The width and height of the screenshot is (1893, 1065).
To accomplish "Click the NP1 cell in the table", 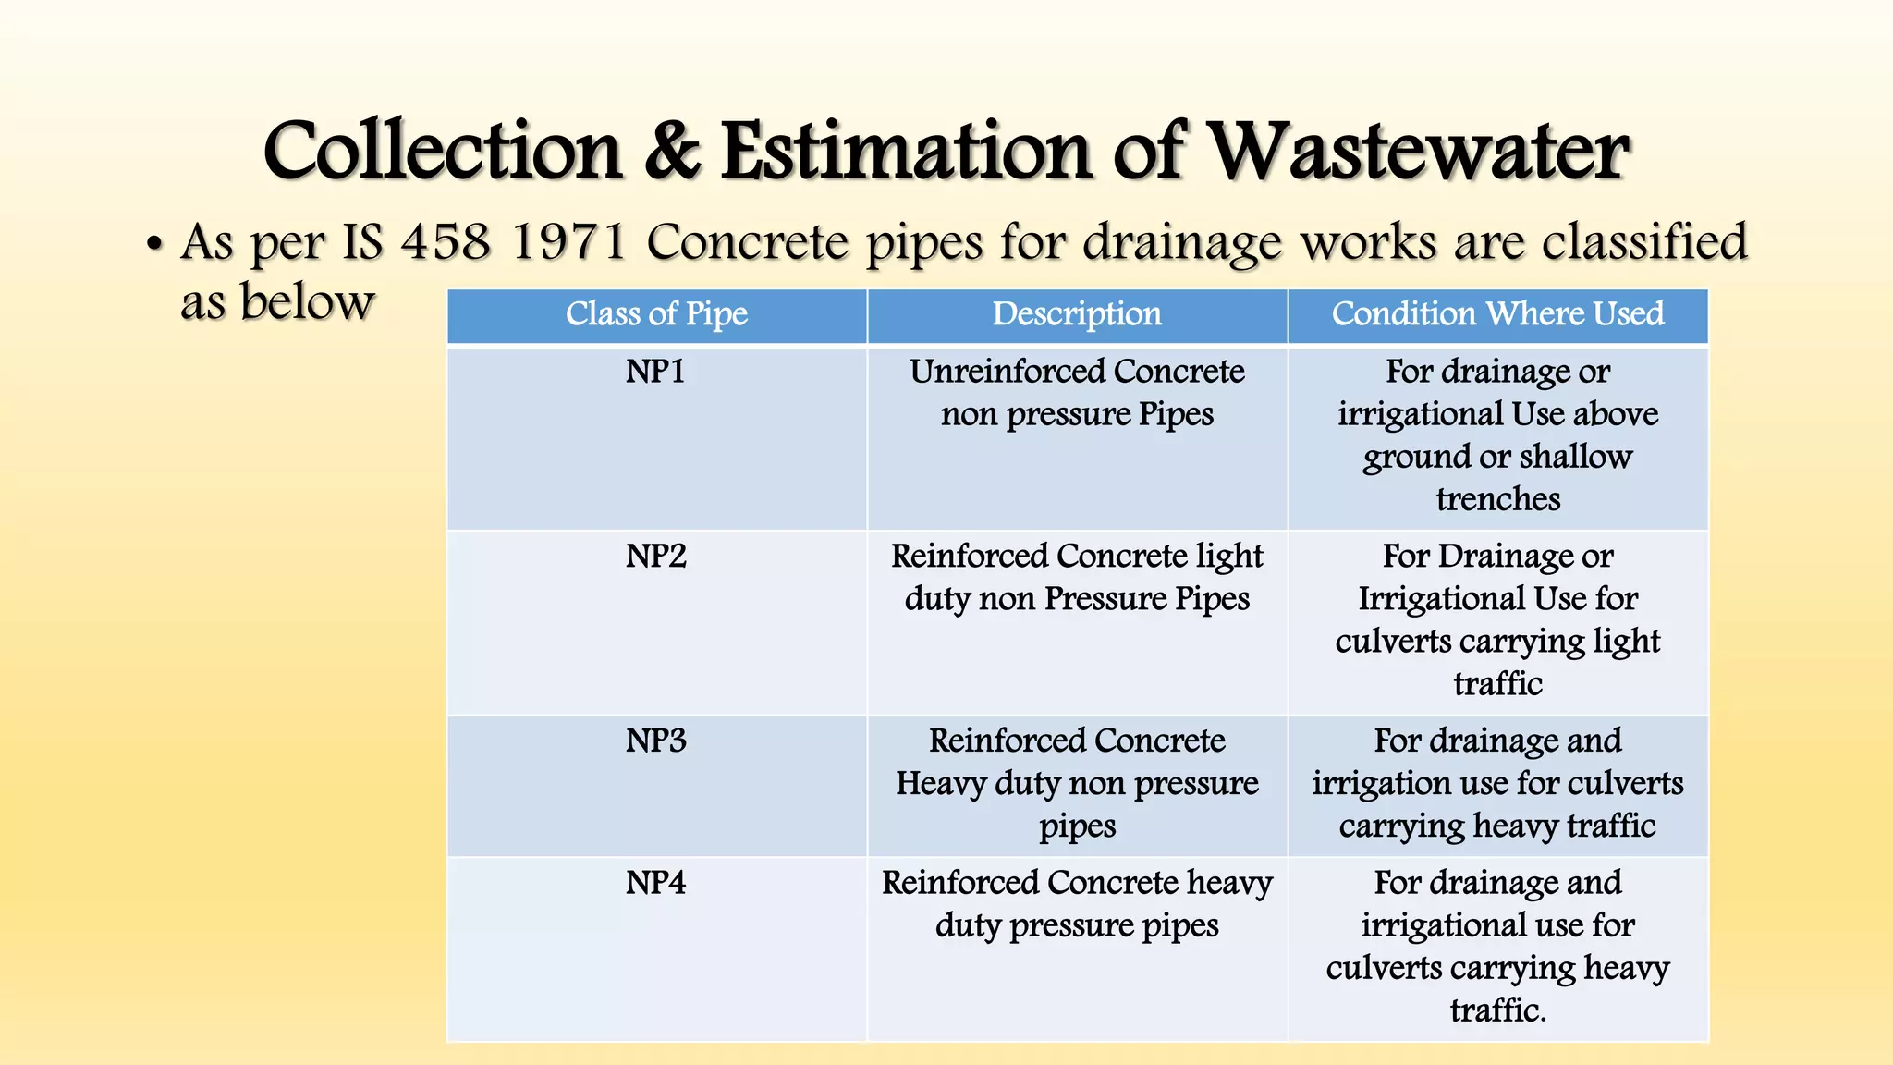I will [x=655, y=372].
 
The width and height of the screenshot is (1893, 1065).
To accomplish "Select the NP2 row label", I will [x=655, y=557].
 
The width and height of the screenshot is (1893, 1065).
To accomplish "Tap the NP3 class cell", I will [x=655, y=741].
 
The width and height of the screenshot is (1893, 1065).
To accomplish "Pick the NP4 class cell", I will [x=655, y=883].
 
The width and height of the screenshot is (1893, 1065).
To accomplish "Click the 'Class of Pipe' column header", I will [x=656, y=314].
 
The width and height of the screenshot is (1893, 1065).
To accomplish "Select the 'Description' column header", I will [x=1077, y=314].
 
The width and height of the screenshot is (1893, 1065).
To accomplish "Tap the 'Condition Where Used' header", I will [x=1497, y=314].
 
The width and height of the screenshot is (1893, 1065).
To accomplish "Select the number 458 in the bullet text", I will [x=445, y=242].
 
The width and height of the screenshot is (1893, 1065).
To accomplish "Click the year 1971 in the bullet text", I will [x=568, y=242].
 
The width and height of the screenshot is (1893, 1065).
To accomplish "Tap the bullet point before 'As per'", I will [x=154, y=246].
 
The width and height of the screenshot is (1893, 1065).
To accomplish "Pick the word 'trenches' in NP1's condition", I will [x=1497, y=499].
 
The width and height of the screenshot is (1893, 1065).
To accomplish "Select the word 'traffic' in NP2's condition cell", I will [x=1497, y=684].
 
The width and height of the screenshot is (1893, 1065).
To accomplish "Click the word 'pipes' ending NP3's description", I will [x=1077, y=826].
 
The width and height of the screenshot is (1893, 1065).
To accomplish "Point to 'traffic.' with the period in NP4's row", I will [x=1497, y=1010].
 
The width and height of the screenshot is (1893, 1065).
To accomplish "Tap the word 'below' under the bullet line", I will [x=307, y=302].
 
